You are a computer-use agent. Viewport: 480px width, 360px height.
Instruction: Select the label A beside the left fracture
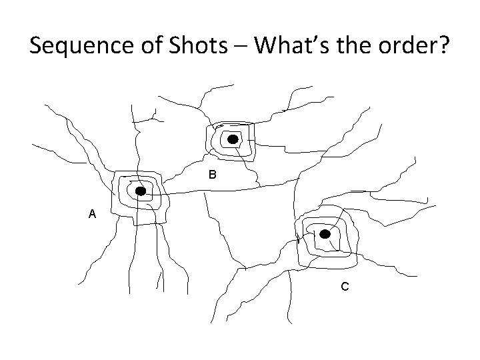click(x=92, y=214)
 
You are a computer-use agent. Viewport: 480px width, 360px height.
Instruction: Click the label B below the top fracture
click(x=212, y=175)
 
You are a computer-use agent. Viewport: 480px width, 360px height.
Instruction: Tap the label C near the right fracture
click(x=344, y=287)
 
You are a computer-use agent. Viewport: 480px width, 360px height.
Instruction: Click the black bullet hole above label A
click(x=141, y=191)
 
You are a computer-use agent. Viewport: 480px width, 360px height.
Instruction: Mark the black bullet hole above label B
click(x=233, y=139)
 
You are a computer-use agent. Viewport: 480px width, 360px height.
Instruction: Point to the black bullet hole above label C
click(x=325, y=234)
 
